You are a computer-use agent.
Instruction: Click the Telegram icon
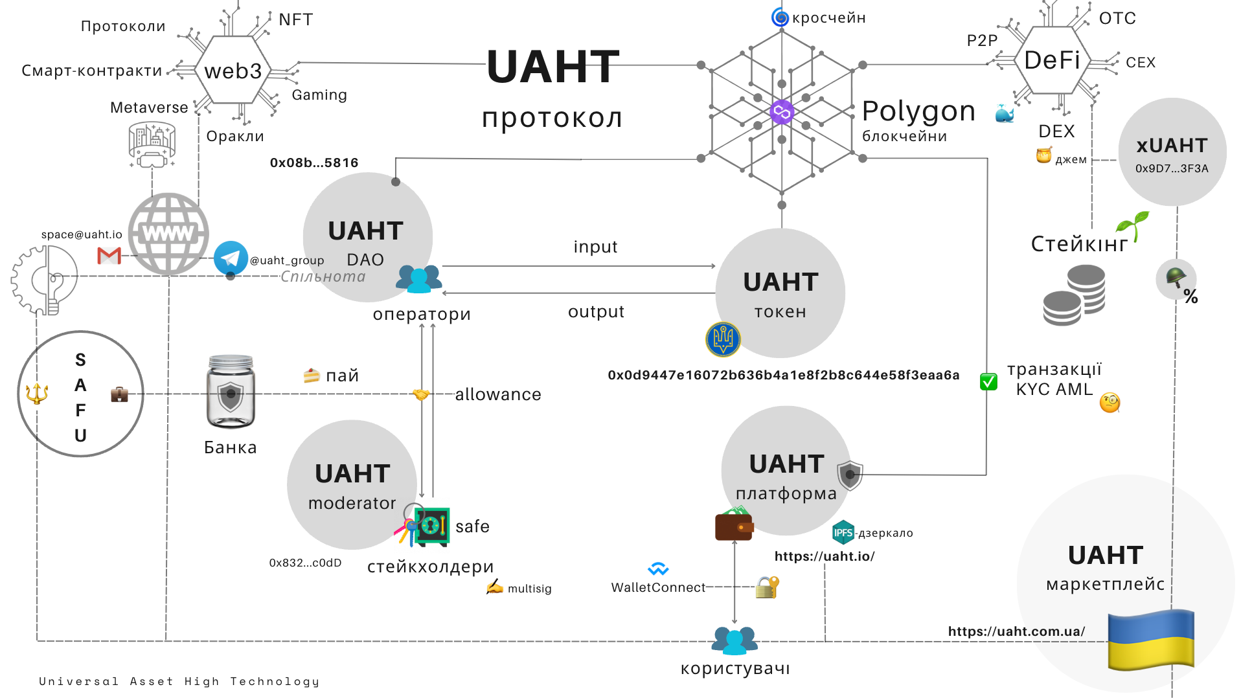(x=230, y=258)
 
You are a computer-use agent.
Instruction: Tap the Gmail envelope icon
(x=109, y=256)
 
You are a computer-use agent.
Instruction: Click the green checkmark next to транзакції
(x=988, y=381)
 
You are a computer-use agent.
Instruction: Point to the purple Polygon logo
(x=782, y=112)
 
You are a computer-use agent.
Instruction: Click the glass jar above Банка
(x=231, y=392)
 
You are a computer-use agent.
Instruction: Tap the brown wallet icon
(x=734, y=525)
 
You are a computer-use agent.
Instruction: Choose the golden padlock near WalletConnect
(x=767, y=587)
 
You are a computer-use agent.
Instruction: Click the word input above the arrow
(x=595, y=247)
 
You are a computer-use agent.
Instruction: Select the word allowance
(x=497, y=394)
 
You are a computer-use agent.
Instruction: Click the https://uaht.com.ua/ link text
(x=1016, y=631)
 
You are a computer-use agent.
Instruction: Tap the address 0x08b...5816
(x=314, y=163)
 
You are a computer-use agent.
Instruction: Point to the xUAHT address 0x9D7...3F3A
(x=1172, y=168)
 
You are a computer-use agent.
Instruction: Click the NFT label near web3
(x=296, y=19)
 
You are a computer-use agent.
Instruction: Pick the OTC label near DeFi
(x=1117, y=18)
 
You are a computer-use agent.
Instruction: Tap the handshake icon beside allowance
(x=421, y=394)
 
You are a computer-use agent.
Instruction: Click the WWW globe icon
(x=168, y=234)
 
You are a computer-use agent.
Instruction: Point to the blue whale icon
(x=1005, y=114)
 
